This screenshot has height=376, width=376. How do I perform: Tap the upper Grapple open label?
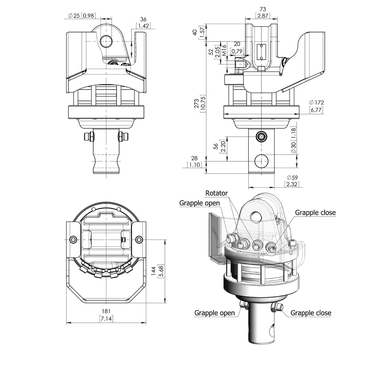point(200,203)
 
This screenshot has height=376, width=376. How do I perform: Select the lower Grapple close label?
point(311,313)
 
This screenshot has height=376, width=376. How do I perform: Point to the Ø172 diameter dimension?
point(316,102)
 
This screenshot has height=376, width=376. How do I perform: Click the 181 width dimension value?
point(106,312)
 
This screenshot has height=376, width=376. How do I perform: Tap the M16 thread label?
point(224,50)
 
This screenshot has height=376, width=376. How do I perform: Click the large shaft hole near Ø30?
point(261,161)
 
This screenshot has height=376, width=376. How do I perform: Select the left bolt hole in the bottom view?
point(73,240)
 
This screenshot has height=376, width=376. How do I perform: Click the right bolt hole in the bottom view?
point(138,240)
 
